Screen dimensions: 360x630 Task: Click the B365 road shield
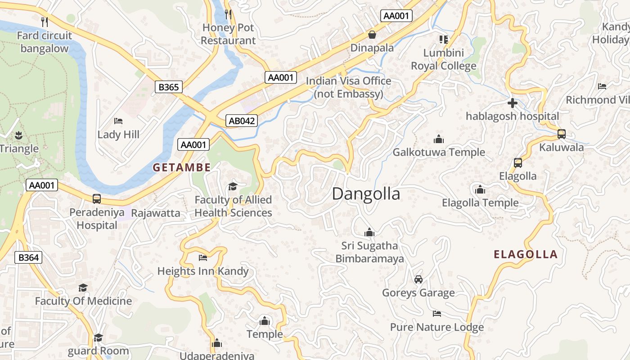169,87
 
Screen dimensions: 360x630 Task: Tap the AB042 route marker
242,121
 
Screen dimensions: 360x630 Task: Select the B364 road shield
28,257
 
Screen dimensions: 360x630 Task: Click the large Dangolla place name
366,193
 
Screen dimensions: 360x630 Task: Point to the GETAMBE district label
181,167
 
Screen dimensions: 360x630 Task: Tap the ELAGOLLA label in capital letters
526,254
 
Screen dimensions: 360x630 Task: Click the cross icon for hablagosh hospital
512,103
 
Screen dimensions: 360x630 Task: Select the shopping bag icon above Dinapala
372,35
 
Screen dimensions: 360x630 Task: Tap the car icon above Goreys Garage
418,279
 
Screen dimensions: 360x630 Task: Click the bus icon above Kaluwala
562,134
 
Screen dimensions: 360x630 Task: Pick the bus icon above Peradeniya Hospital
96,199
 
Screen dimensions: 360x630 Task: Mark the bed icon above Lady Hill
118,121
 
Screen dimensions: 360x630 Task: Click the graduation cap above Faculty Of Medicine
83,288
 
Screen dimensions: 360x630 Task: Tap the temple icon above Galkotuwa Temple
438,139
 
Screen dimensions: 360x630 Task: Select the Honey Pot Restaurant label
228,34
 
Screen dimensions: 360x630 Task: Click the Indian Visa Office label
348,87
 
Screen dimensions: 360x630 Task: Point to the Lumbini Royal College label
443,59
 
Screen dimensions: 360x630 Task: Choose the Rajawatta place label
156,213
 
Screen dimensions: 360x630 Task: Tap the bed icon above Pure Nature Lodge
436,314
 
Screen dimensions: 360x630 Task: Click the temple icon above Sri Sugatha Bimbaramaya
369,232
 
